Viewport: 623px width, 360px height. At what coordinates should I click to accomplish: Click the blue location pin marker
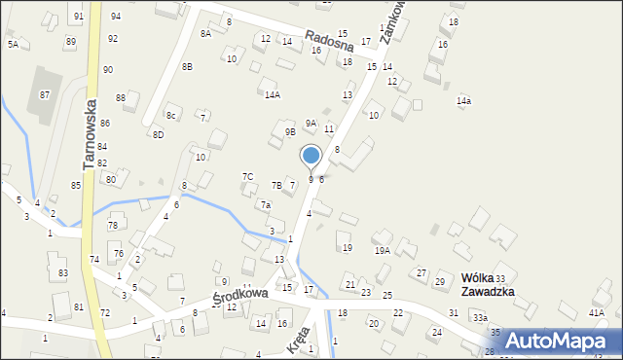[x=311, y=156]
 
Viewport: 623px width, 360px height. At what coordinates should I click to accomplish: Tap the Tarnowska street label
[x=90, y=133]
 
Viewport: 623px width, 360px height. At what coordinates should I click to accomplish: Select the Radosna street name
[x=327, y=41]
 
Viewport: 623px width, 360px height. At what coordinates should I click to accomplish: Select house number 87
[x=44, y=94]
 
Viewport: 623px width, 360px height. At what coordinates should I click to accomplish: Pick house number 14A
[x=273, y=94]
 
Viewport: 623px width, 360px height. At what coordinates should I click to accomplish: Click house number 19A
[x=383, y=251]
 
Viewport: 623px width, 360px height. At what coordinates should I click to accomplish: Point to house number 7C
[x=247, y=176]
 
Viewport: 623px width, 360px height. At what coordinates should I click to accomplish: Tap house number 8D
[x=158, y=134]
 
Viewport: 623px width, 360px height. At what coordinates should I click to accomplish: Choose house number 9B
[x=289, y=131]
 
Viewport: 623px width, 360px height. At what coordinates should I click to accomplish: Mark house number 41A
[x=597, y=313]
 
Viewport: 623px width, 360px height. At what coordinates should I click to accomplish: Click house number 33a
[x=480, y=318]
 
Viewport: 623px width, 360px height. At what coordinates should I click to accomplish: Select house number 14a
[x=464, y=101]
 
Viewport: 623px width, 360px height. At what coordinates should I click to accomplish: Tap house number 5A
[x=13, y=45]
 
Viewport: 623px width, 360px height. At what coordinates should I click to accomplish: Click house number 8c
[x=170, y=116]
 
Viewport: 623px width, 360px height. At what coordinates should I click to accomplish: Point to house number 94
[x=115, y=17]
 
